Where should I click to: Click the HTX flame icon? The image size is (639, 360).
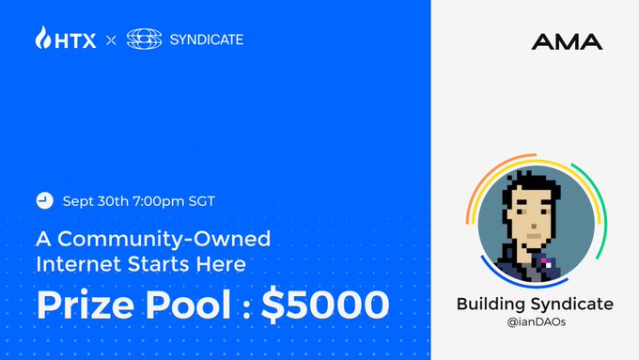[x=43, y=38]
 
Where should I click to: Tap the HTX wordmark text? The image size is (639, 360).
[x=75, y=40]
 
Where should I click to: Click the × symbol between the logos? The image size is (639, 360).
[x=111, y=40]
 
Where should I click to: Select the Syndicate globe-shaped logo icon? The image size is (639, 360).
[x=145, y=39]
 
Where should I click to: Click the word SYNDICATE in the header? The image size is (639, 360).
[x=207, y=39]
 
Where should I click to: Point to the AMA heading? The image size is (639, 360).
[x=567, y=41]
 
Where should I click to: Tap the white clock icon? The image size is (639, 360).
[x=44, y=200]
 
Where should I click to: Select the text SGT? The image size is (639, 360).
[x=201, y=201]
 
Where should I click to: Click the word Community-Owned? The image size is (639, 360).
[x=164, y=240]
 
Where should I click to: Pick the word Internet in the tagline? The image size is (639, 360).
[x=80, y=264]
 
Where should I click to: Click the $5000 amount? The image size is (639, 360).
[x=325, y=305]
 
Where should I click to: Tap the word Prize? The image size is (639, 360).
[x=86, y=305]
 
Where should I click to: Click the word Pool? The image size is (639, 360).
[x=188, y=305]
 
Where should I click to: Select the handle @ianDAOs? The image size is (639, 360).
[x=537, y=322]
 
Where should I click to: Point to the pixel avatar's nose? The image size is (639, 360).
[x=534, y=226]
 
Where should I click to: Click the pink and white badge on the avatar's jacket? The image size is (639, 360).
[x=546, y=262]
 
